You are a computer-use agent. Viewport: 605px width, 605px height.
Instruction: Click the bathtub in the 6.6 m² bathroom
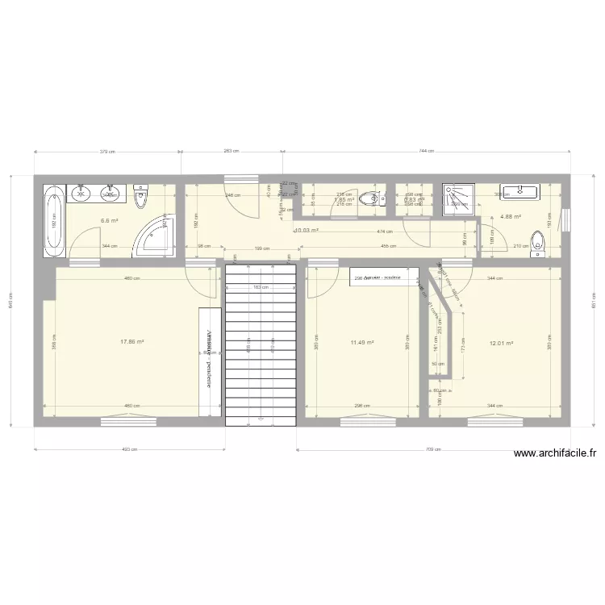coord(53,222)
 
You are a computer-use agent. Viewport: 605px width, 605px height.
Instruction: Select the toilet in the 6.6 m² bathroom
coord(141,195)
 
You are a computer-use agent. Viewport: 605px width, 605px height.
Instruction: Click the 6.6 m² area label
coord(109,220)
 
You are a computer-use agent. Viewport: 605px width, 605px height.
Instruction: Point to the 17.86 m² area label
coord(131,341)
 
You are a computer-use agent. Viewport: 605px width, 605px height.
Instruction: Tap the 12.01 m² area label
coord(501,342)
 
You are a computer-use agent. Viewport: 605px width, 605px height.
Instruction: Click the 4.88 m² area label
coord(510,216)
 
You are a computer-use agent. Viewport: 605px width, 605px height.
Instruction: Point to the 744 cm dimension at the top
coord(426,151)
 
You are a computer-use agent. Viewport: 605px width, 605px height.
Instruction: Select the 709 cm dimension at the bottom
coord(434,450)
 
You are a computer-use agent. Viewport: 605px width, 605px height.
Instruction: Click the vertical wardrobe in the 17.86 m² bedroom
coord(210,358)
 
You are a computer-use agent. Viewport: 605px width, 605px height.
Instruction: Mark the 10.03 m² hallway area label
coord(307,231)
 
